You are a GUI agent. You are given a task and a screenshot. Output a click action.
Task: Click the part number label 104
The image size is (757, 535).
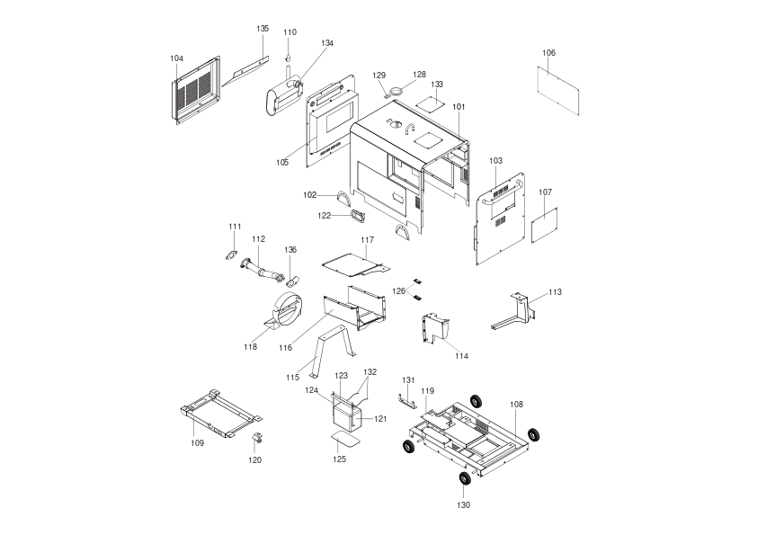tap(177, 58)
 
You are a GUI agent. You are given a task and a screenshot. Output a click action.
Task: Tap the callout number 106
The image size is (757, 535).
tap(549, 53)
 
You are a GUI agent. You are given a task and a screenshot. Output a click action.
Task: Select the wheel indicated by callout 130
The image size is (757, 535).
tap(465, 478)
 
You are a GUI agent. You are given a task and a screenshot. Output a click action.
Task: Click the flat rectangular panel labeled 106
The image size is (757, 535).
tap(558, 91)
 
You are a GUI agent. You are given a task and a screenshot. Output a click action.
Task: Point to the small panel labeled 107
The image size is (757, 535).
tap(545, 225)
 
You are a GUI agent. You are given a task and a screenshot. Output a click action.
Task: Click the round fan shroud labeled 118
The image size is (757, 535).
tap(284, 310)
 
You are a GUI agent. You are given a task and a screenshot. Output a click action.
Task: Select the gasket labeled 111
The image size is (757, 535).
tap(232, 255)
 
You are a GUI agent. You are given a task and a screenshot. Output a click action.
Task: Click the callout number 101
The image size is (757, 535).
tap(459, 107)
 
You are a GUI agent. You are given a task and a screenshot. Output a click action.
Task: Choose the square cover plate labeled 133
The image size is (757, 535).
tap(430, 103)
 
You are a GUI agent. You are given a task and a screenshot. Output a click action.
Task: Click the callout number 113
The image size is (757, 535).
tap(556, 292)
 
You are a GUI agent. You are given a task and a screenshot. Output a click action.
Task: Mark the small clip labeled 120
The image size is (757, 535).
tap(258, 438)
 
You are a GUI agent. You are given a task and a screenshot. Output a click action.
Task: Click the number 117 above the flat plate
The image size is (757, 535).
tap(368, 240)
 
